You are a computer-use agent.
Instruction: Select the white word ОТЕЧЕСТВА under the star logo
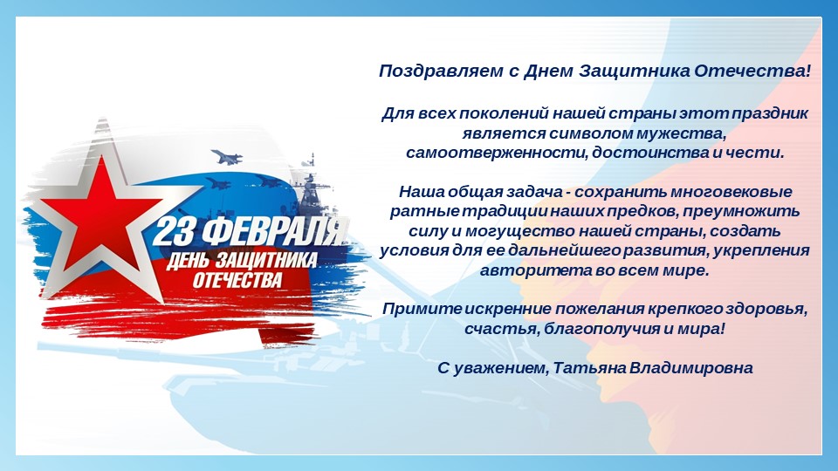pyautogui.click(x=237, y=280)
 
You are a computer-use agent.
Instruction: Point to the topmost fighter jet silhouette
pyautogui.click(x=227, y=156)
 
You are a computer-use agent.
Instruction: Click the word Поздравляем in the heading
pyautogui.click(x=442, y=71)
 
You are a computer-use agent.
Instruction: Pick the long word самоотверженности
pyautogui.click(x=497, y=153)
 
